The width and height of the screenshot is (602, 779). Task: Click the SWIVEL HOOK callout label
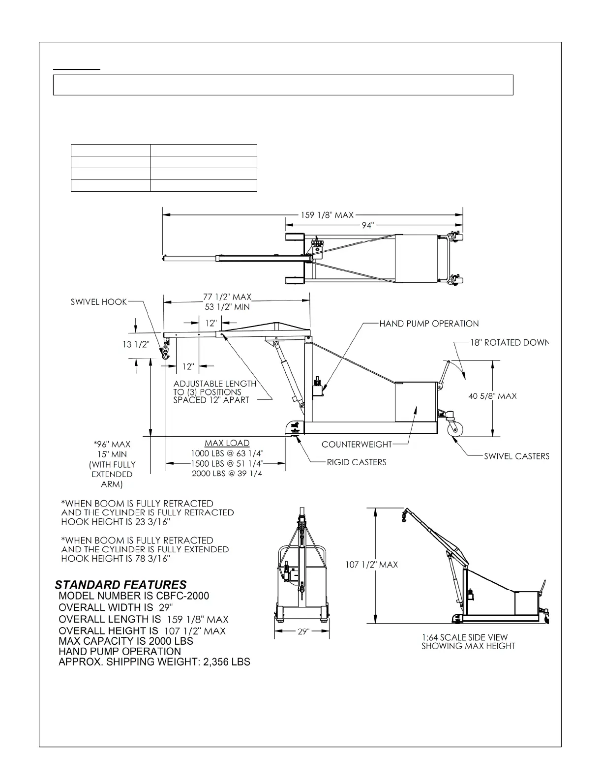pyautogui.click(x=98, y=302)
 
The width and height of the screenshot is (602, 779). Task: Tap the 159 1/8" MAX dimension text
pyautogui.click(x=327, y=215)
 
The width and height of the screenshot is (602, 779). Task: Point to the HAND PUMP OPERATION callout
pyautogui.click(x=429, y=324)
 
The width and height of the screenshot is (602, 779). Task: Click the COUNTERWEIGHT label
pyautogui.click(x=357, y=445)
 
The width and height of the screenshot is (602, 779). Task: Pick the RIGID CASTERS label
pyautogui.click(x=357, y=462)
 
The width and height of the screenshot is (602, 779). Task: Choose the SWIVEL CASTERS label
pyautogui.click(x=516, y=456)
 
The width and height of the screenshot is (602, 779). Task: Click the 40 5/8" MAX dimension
pyautogui.click(x=492, y=396)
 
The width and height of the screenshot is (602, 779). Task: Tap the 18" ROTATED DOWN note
pyautogui.click(x=509, y=343)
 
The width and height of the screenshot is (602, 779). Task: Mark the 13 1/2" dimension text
pyautogui.click(x=136, y=344)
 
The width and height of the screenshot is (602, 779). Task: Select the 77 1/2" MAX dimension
pyautogui.click(x=227, y=297)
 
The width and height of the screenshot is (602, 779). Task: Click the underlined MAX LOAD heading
pyautogui.click(x=227, y=443)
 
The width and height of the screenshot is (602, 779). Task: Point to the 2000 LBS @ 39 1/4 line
pyautogui.click(x=227, y=474)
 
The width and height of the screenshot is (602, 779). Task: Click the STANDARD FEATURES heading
pyautogui.click(x=120, y=585)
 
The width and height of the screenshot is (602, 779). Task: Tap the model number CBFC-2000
pyautogui.click(x=182, y=596)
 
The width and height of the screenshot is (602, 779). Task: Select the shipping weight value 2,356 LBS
pyautogui.click(x=226, y=662)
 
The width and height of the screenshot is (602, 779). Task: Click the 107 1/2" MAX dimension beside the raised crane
pyautogui.click(x=371, y=565)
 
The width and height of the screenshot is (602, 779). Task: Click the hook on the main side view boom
pyautogui.click(x=166, y=352)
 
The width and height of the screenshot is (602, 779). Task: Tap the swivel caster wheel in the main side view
pyautogui.click(x=455, y=428)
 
